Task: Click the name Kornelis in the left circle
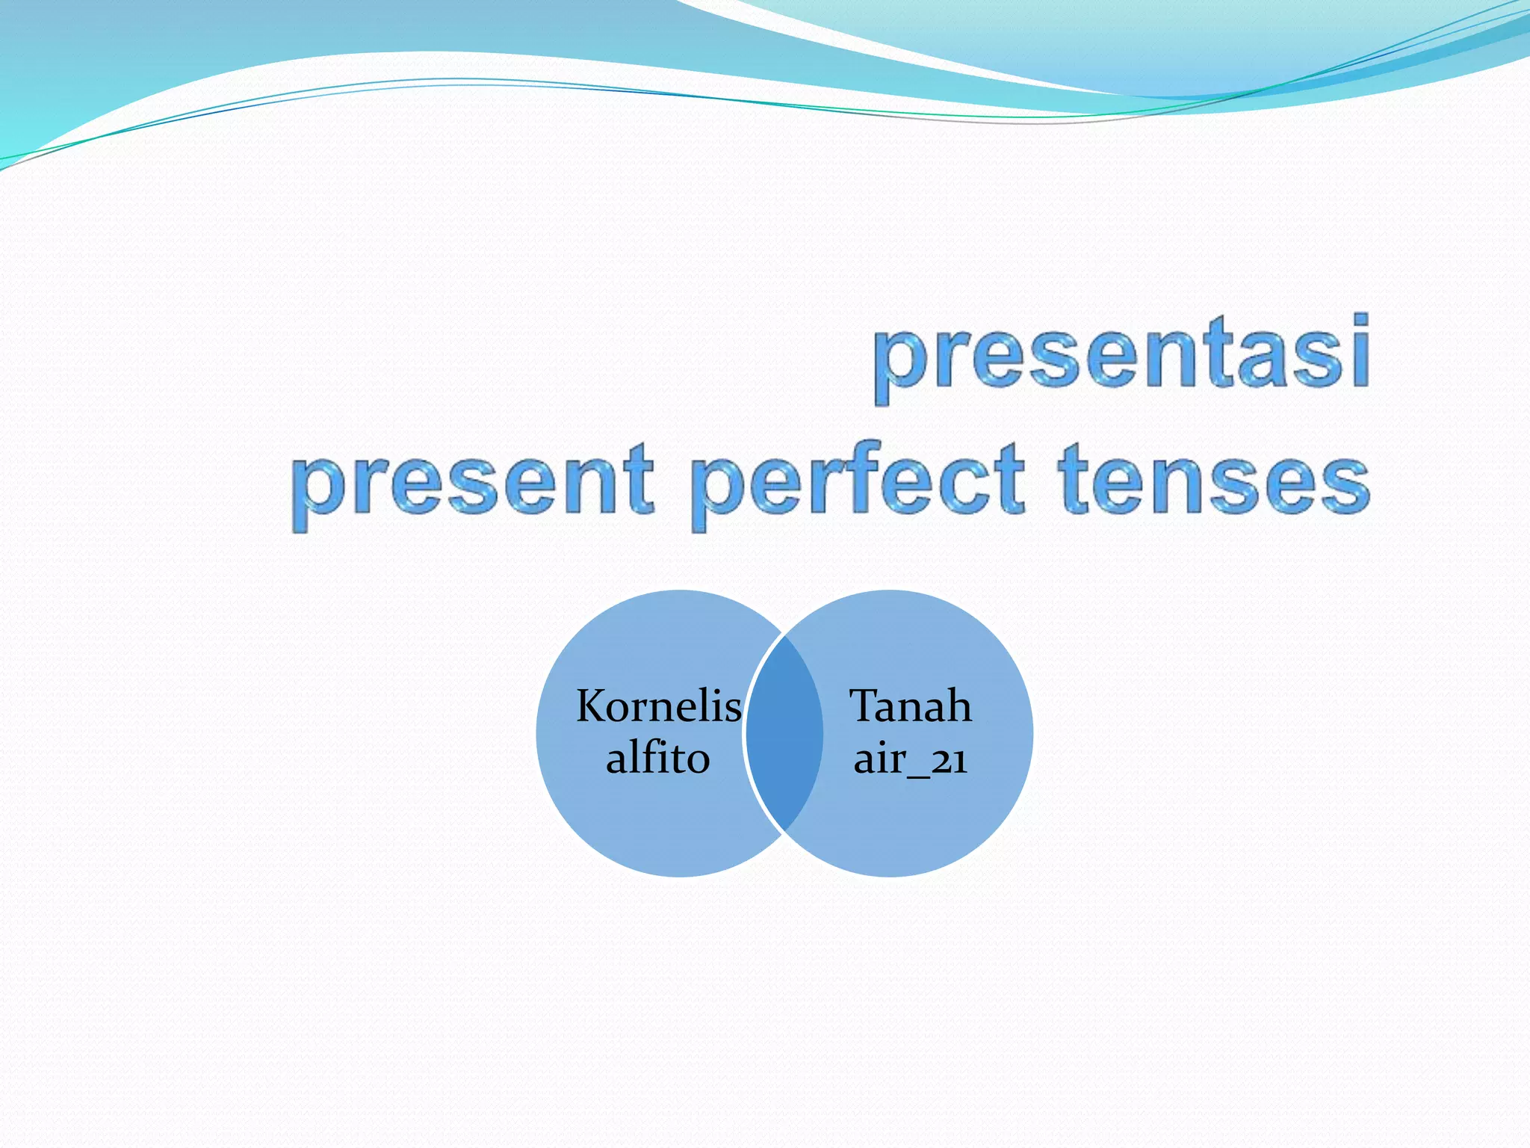[658, 706]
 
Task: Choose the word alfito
[657, 758]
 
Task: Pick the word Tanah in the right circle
[910, 706]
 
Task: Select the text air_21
[910, 759]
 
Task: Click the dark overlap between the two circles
[784, 732]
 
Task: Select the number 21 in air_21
[950, 760]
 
